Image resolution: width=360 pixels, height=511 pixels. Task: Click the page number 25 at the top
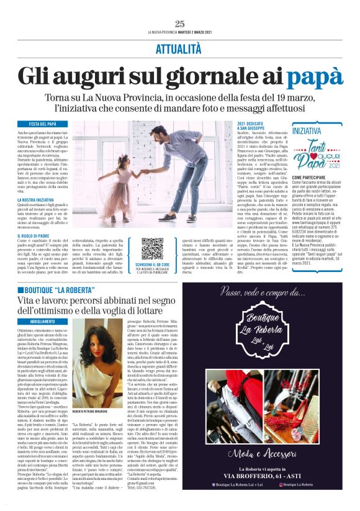click(179, 24)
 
